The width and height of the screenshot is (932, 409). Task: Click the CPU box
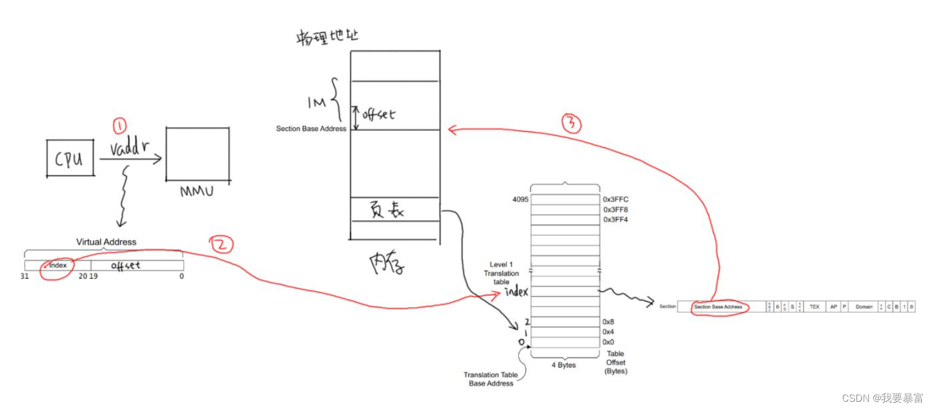coord(70,158)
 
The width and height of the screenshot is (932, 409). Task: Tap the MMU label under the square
coord(197,192)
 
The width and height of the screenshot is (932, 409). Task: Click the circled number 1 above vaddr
coord(120,126)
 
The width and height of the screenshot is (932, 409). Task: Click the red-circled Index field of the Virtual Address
coord(58,265)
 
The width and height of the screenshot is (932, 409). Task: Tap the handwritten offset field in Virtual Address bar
coord(126,265)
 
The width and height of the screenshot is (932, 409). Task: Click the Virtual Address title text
coord(106,242)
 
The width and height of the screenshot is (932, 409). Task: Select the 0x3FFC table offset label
coord(616,199)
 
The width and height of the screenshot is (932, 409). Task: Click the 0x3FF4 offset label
coord(616,219)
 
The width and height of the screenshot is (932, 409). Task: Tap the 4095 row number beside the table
coord(520,199)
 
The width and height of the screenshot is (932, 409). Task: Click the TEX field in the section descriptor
coord(814,306)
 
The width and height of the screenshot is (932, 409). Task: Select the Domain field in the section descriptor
coord(864,306)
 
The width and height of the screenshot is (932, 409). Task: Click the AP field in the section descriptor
coord(833,306)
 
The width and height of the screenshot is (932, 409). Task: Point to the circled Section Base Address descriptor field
coord(718,306)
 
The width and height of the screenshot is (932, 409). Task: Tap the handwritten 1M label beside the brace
coord(316,103)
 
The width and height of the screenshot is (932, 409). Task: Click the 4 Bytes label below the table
coord(564,365)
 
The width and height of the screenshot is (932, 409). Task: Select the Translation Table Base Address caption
coord(491,379)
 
